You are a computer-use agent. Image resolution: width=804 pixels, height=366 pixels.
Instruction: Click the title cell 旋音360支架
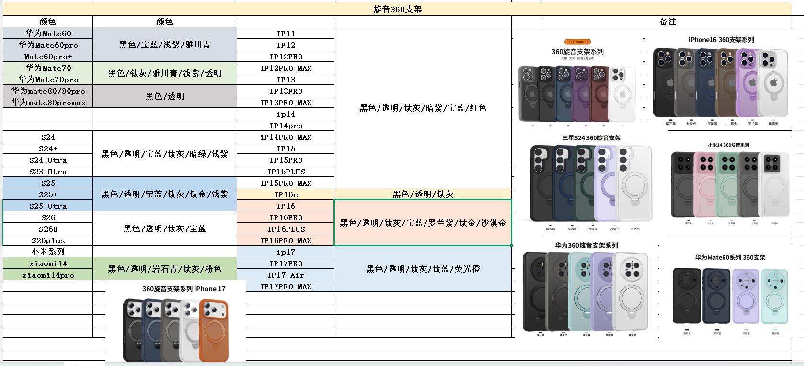point(397,10)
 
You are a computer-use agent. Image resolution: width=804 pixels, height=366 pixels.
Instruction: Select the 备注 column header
point(667,22)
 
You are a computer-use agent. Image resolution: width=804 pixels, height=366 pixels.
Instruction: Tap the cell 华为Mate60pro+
point(48,57)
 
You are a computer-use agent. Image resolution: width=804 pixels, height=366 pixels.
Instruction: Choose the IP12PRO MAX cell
point(286,68)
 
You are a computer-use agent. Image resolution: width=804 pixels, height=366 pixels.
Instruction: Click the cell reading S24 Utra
point(48,160)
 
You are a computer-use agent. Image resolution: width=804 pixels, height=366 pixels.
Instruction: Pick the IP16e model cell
point(286,194)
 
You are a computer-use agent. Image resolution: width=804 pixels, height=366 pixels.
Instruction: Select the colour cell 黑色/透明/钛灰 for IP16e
point(423,194)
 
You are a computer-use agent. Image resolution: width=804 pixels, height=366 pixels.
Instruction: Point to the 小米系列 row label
point(48,252)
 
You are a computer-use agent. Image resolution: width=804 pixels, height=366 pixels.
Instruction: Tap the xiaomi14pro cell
point(48,275)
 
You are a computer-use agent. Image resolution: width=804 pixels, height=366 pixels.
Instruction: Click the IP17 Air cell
point(286,275)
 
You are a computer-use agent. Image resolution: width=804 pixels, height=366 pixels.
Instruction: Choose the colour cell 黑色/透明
point(164,96)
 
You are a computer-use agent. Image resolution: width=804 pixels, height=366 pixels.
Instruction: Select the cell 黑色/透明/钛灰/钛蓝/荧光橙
point(423,269)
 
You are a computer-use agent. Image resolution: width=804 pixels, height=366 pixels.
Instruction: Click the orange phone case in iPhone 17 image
point(213,331)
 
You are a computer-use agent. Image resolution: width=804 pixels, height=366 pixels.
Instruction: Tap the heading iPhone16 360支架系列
point(721,40)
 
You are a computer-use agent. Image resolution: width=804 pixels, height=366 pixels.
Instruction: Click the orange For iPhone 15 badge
point(577,42)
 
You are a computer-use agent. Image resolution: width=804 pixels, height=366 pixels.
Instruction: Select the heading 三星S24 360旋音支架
point(591,138)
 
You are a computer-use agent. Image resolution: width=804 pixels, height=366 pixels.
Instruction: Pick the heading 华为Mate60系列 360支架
point(730,257)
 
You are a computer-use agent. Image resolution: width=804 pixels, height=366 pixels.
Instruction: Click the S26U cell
point(48,229)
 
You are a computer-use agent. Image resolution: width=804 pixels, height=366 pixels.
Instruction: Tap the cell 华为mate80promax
point(48,102)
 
